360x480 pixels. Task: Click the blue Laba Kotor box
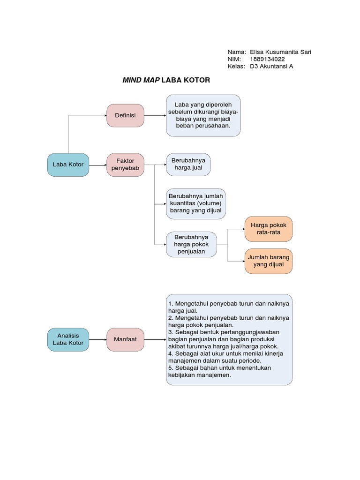tap(68, 165)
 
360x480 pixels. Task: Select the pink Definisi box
tap(125, 115)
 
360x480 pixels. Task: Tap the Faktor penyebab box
tap(125, 165)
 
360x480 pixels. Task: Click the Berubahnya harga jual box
tap(188, 165)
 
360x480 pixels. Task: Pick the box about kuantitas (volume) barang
tap(195, 203)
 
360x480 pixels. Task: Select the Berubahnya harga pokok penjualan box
tap(191, 244)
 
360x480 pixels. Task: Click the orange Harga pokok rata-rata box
tap(269, 229)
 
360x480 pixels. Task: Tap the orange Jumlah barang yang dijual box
tap(269, 261)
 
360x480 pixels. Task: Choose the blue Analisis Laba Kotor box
tap(68, 339)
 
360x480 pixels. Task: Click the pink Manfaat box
tap(125, 339)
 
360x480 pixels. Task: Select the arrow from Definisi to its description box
tap(155, 115)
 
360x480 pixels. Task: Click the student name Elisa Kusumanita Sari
tap(281, 52)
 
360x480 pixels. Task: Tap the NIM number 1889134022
tap(267, 59)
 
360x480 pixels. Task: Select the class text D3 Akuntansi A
tap(271, 67)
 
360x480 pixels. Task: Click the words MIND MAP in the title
tap(141, 80)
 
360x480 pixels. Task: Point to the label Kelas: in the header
tap(236, 67)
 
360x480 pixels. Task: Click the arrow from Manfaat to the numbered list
tap(155, 339)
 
